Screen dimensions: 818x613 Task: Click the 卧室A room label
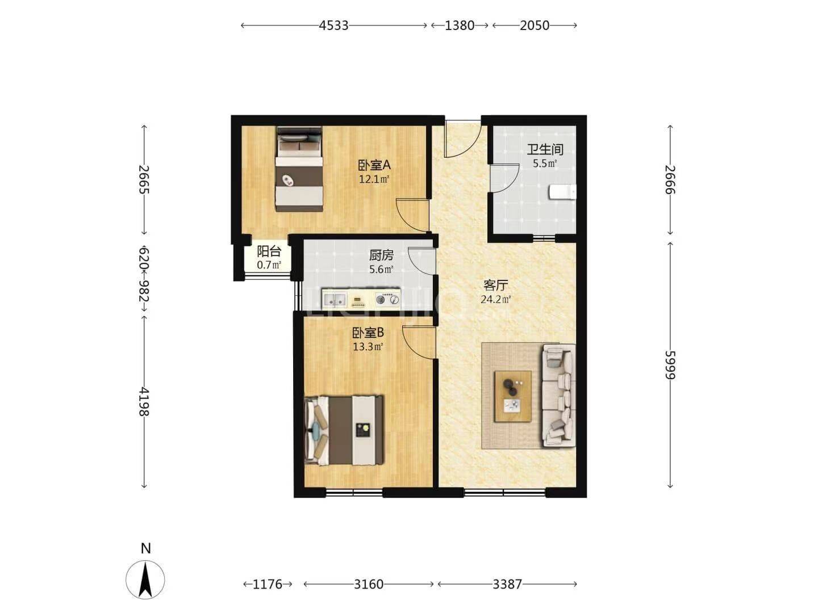coord(374,165)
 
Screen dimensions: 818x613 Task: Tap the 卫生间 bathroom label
coord(544,150)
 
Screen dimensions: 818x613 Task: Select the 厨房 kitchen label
coord(381,255)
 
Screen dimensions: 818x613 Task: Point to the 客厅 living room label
coord(496,285)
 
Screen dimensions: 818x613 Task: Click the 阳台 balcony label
coord(269,251)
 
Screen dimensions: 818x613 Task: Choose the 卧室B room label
coord(368,332)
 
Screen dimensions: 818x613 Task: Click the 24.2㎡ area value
coord(496,299)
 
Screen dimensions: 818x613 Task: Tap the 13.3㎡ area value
coord(368,347)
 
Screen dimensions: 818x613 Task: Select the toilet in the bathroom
coord(562,192)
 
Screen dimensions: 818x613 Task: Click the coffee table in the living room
coord(513,396)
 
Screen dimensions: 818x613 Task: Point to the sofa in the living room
coord(559,395)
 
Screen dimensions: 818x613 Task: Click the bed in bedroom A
coord(299,169)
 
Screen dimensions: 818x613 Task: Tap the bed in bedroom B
coord(344,430)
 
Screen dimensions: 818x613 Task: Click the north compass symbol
coord(145,580)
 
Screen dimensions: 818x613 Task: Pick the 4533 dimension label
coord(333,26)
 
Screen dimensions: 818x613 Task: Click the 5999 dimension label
coord(670,365)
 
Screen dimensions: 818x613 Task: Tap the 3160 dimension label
coord(368,584)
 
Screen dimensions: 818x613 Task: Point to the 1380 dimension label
coord(460,26)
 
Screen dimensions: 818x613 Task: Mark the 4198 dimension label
coord(144,402)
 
